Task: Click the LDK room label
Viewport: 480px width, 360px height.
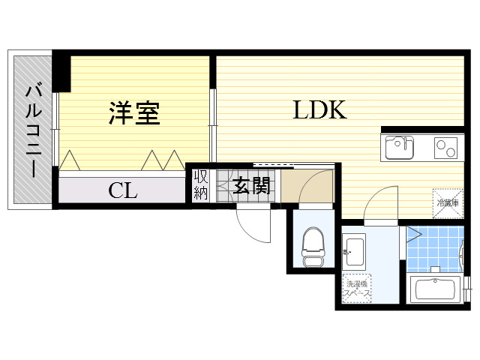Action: (319, 110)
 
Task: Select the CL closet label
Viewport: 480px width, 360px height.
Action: (123, 190)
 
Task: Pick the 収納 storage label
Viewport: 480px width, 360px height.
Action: (201, 185)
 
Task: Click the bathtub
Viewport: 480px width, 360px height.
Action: (436, 289)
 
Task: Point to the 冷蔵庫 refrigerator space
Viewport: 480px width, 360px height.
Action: (446, 200)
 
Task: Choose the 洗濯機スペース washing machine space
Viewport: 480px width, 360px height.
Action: (356, 288)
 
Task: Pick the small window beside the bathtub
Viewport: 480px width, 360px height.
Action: (468, 287)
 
